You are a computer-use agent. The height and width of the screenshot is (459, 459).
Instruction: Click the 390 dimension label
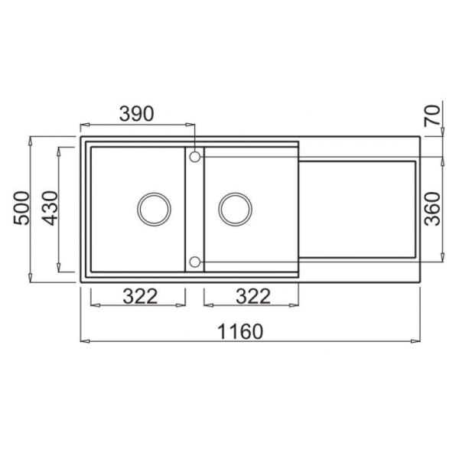[x=136, y=114]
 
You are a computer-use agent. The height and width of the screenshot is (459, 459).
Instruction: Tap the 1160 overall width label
[x=240, y=332]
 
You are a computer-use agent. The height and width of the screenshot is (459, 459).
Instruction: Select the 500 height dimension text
[x=21, y=208]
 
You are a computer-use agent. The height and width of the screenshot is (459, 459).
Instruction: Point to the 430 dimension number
[x=50, y=208]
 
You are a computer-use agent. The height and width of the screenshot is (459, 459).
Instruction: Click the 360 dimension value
[x=432, y=209]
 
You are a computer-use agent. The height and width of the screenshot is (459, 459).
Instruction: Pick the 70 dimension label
[x=432, y=116]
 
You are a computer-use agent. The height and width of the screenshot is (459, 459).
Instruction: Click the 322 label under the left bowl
[x=140, y=296]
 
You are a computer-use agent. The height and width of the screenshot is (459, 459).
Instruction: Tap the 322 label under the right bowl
[x=253, y=296]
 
